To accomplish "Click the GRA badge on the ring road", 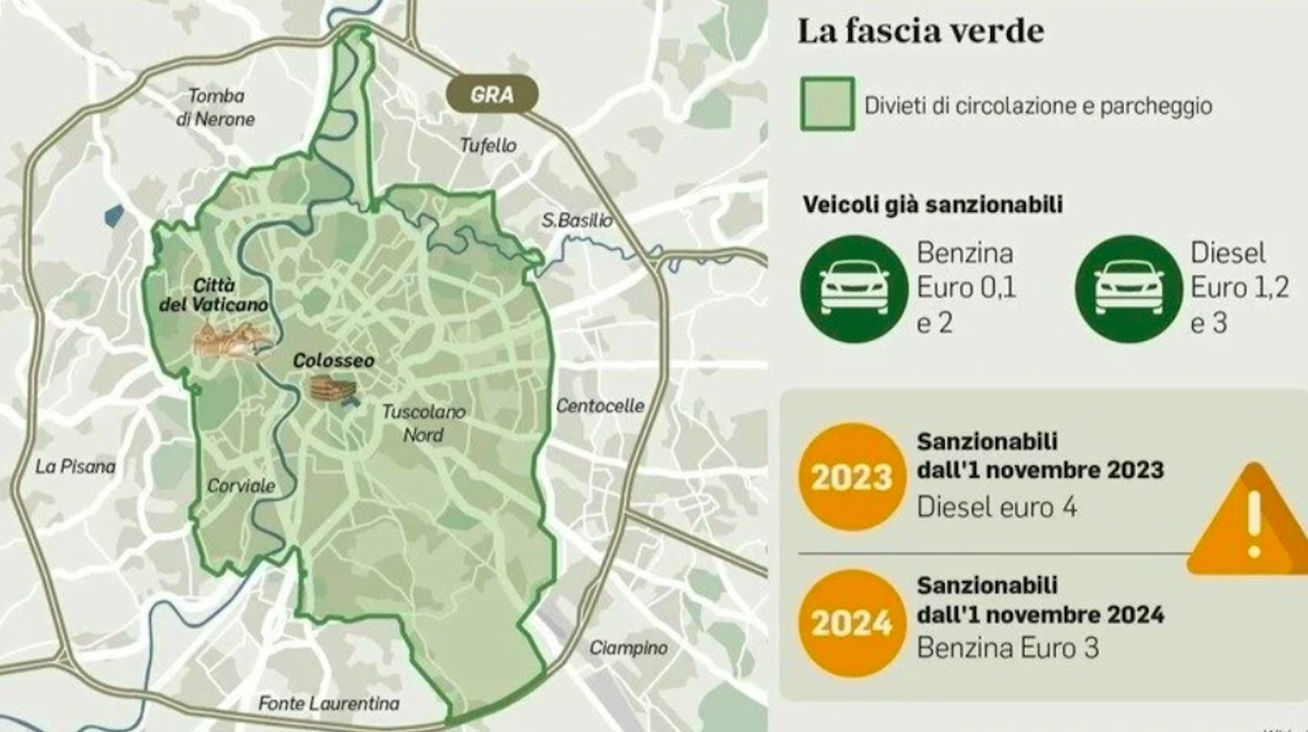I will [x=492, y=94].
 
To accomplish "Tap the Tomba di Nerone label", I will [x=215, y=107].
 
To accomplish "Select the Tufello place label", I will [x=488, y=146].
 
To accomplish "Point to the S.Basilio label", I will [x=576, y=220].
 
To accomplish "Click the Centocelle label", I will [x=600, y=405].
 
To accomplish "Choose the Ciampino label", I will [x=628, y=647].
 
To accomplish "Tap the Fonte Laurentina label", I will [x=329, y=703].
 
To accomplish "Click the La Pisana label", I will [x=75, y=466].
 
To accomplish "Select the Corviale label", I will [x=241, y=485].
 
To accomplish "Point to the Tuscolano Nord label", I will [x=424, y=423].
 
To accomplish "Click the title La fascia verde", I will [x=920, y=31].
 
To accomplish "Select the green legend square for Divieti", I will [x=828, y=105].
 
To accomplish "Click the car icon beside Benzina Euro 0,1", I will [x=854, y=288].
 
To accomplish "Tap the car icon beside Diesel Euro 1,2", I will [x=1128, y=288].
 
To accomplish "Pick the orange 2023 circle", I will [x=852, y=477].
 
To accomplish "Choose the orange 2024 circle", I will [x=852, y=623].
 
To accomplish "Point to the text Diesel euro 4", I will [x=996, y=506].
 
